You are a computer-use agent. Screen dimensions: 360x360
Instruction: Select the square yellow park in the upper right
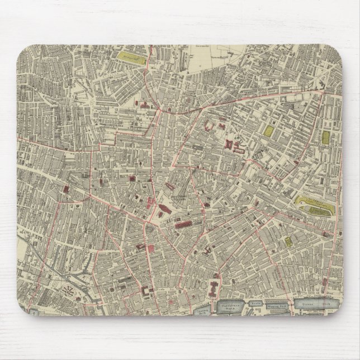click(269, 131)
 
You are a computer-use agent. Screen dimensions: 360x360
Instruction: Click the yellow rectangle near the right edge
click(325, 136)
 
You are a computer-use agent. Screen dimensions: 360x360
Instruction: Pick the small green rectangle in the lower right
click(288, 242)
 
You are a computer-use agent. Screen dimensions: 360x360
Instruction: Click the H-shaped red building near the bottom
click(215, 289)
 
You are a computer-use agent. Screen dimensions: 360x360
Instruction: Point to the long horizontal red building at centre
click(184, 225)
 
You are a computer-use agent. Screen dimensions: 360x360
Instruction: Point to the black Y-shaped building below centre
click(207, 248)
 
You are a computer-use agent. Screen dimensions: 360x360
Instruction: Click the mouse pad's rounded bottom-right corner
click(334, 325)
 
